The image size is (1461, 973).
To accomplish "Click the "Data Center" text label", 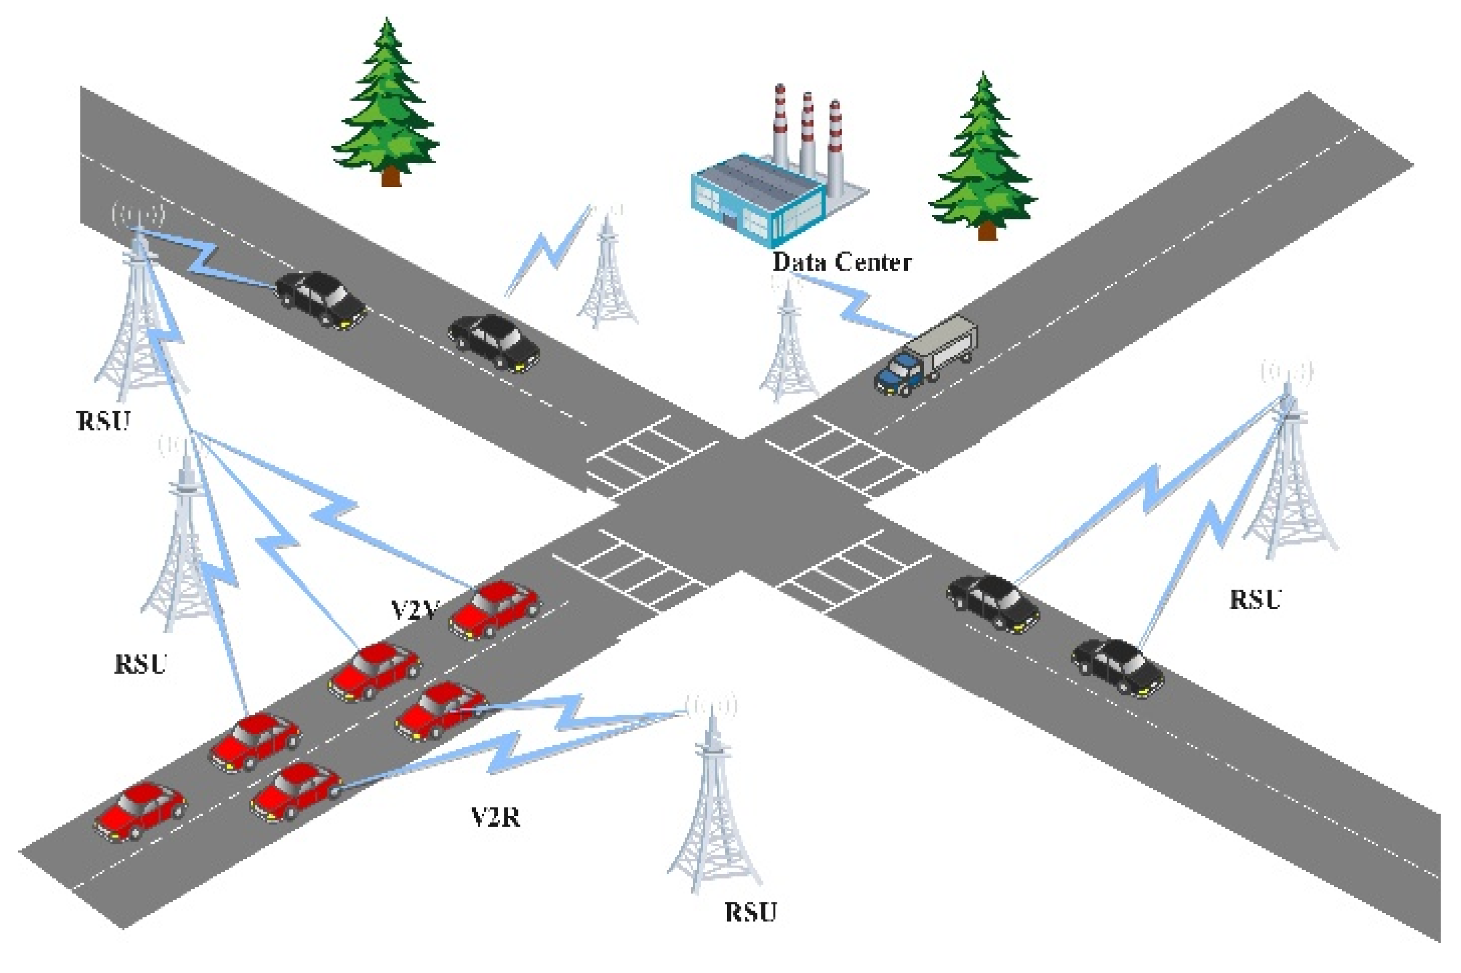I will point(841,263).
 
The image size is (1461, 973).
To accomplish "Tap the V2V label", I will point(414,610).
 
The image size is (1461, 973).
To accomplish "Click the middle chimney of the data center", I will point(807,133).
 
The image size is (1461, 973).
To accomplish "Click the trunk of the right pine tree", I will point(987,231).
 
